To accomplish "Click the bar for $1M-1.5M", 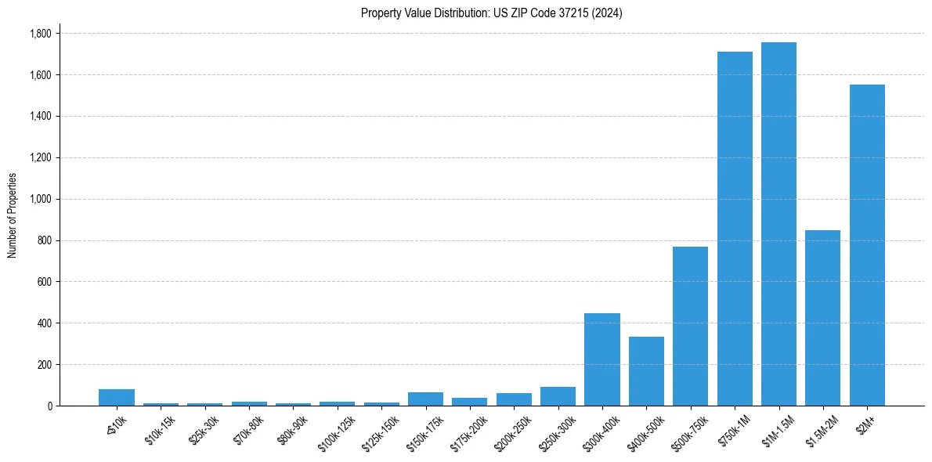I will click(778, 224).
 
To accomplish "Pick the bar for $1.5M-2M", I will click(822, 318).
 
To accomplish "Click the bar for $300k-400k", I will click(601, 359).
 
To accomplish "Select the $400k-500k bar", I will click(646, 371).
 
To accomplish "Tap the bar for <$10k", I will click(117, 398).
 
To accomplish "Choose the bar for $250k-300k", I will click(558, 396).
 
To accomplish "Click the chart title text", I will click(492, 13).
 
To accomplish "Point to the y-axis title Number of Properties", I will click(13, 215).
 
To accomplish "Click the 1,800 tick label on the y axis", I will click(41, 34).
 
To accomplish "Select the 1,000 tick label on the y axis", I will click(41, 199).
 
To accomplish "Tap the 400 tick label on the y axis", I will click(45, 323).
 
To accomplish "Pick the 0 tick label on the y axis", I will click(50, 406).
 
